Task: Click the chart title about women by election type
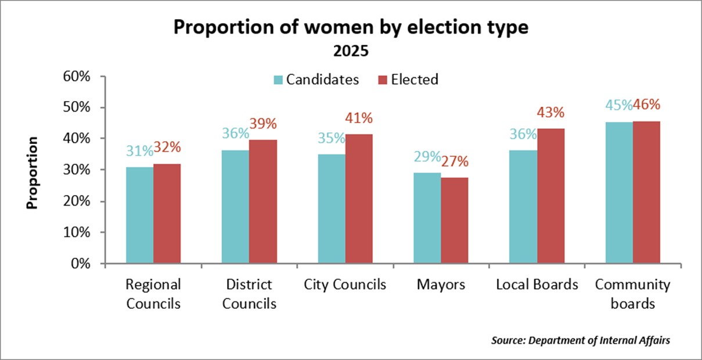351,28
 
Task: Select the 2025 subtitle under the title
351,51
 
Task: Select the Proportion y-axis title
33,172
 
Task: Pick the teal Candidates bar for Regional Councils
140,215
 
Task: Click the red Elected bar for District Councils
263,201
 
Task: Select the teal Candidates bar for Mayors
427,218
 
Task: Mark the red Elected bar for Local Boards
550,196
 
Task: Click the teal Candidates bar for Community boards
619,192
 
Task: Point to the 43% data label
550,113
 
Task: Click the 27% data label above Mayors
455,161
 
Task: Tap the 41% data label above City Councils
359,118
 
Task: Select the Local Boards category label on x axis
537,285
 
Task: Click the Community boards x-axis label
633,294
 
